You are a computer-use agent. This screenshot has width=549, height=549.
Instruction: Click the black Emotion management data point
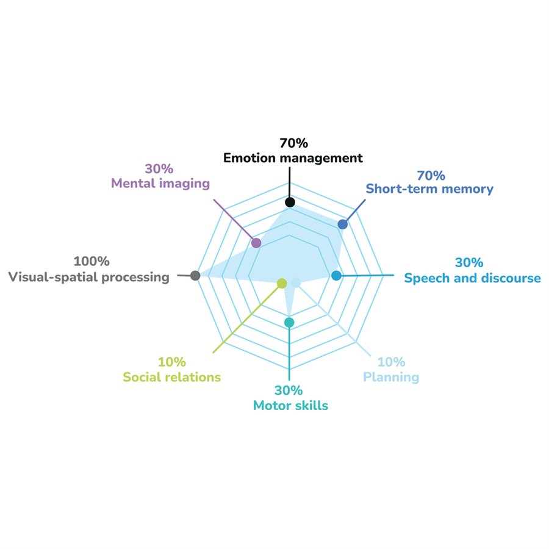[290, 202]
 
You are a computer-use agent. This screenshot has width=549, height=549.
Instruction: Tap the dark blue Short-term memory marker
[343, 224]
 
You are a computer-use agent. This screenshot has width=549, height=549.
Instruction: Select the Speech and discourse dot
[336, 276]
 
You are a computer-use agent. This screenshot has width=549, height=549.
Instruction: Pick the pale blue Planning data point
[296, 282]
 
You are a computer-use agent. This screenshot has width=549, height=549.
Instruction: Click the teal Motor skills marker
[290, 322]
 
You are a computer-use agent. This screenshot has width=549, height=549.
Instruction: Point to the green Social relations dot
[282, 283]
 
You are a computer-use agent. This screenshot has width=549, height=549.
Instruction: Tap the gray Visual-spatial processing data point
[195, 276]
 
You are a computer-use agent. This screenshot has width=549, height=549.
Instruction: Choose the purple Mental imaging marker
[257, 243]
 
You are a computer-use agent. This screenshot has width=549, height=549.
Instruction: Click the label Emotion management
[293, 158]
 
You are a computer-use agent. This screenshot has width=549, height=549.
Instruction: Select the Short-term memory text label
[429, 189]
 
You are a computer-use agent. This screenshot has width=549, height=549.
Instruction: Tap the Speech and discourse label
[472, 278]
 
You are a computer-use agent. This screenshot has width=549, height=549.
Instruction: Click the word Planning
[391, 376]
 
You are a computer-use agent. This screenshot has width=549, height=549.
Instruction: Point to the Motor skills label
[290, 405]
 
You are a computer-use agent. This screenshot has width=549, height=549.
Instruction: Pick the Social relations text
[171, 377]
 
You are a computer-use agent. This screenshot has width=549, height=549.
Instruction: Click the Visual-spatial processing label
[88, 277]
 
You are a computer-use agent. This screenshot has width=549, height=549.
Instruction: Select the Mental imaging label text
[160, 183]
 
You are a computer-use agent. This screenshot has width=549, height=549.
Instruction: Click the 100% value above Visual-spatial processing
[91, 262]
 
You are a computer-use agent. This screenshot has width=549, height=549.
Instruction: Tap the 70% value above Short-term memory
[431, 175]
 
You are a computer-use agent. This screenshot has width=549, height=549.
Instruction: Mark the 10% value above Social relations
[172, 362]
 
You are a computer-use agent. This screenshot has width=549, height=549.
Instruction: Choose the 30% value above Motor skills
[290, 390]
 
